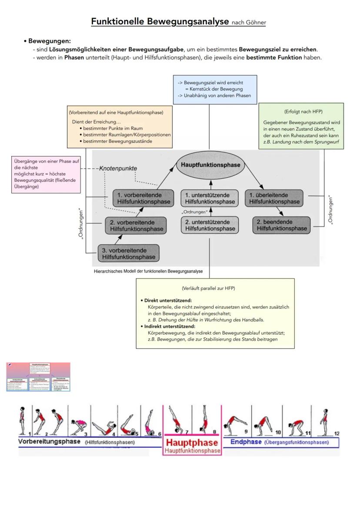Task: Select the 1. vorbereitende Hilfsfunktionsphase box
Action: (x=139, y=198)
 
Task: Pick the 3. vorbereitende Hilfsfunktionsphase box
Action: (x=129, y=253)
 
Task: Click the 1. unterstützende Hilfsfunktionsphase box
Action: (x=210, y=198)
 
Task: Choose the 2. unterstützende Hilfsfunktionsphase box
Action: (x=210, y=225)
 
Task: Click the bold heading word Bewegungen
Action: (x=49, y=41)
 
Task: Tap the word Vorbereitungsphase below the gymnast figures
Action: (x=50, y=442)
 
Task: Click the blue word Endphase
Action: (x=245, y=442)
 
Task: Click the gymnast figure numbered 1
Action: (x=23, y=420)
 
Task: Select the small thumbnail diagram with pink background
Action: (x=38, y=376)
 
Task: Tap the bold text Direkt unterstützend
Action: (x=167, y=300)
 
